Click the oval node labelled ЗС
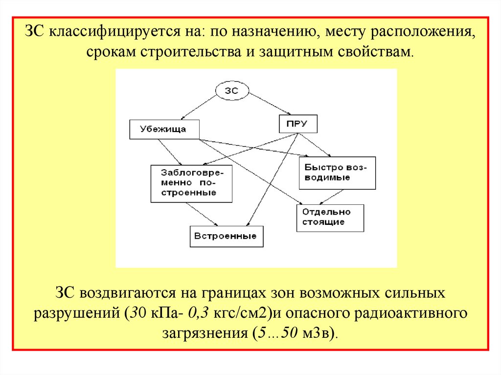[x=231, y=91]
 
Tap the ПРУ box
[x=297, y=124]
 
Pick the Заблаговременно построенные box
[x=190, y=183]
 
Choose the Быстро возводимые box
[x=337, y=173]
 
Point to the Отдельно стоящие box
[x=330, y=217]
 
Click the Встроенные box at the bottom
[x=226, y=236]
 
